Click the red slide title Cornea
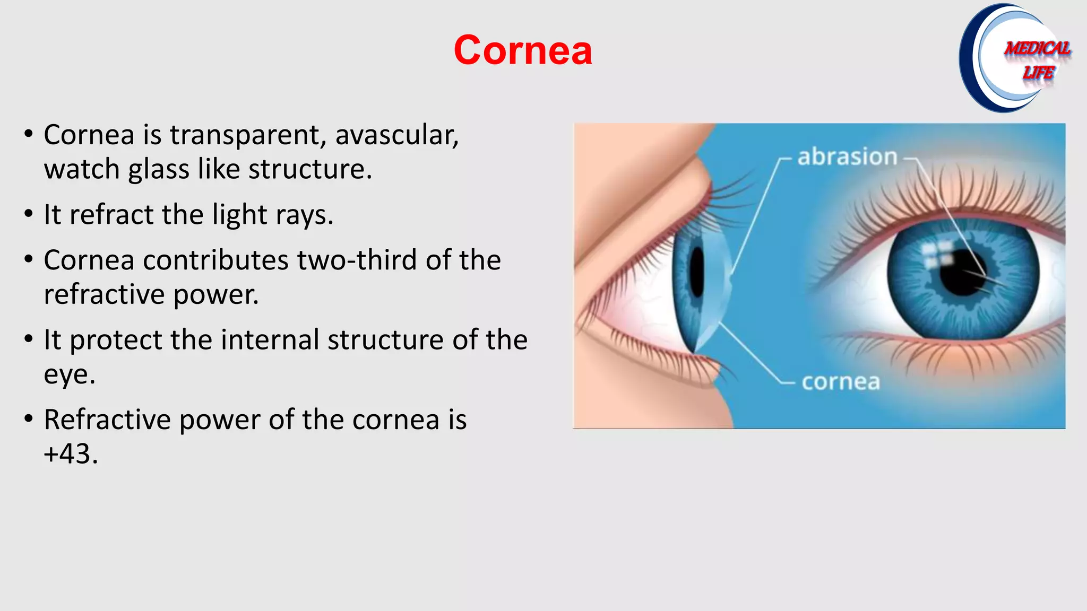(x=523, y=50)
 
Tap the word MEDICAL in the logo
(x=1038, y=49)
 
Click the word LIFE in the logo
(x=1038, y=73)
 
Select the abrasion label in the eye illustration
(x=847, y=157)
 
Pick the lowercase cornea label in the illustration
(x=841, y=382)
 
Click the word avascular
(x=396, y=135)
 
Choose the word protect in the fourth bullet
(x=116, y=340)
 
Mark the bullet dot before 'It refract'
(x=29, y=214)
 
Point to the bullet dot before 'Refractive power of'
(x=29, y=419)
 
